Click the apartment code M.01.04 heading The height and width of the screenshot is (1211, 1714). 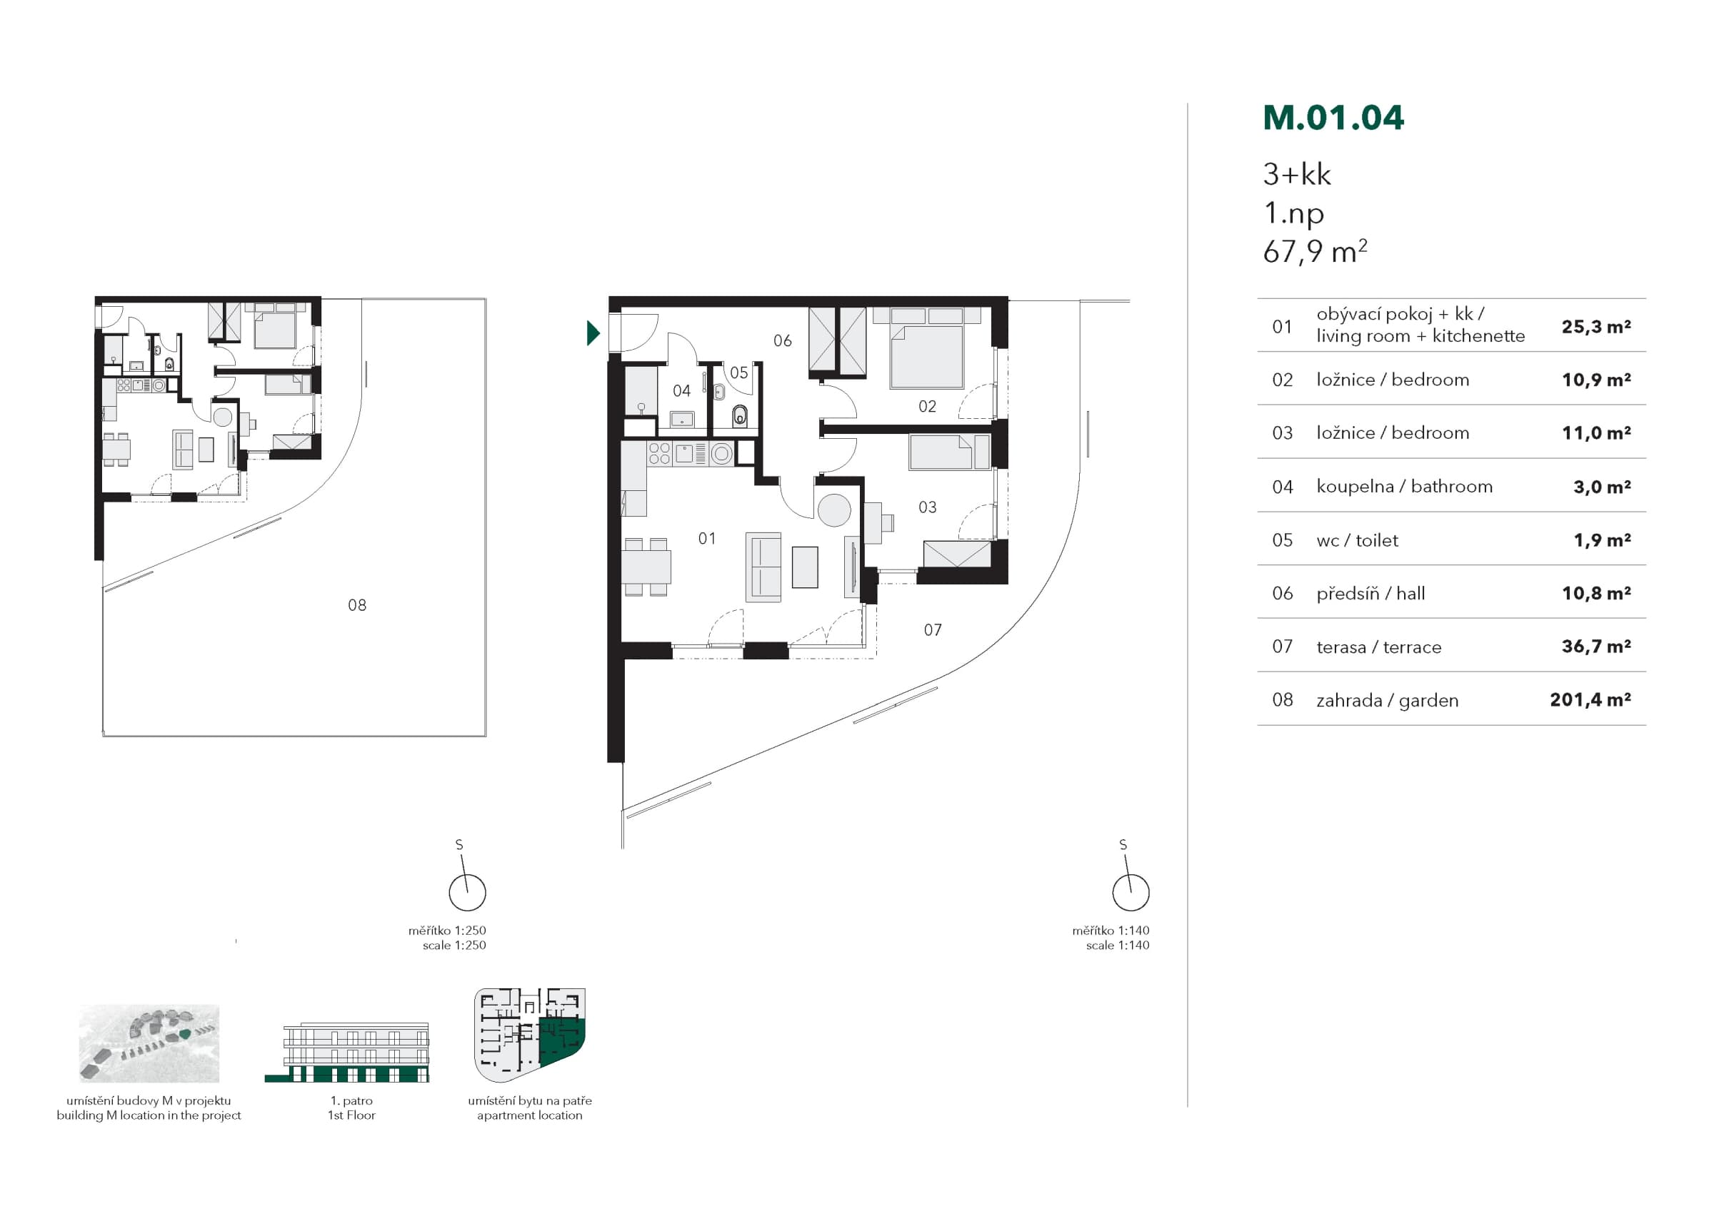tap(1333, 118)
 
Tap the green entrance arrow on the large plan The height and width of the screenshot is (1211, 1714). tap(593, 333)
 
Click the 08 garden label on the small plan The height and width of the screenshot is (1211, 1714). tap(357, 605)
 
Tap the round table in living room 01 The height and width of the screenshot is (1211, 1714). tap(834, 511)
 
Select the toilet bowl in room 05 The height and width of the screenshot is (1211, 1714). tap(739, 415)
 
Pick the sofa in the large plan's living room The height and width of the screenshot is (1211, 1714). tap(763, 567)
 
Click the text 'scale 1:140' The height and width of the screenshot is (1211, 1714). tap(1118, 945)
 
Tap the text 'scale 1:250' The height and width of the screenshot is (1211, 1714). tap(454, 945)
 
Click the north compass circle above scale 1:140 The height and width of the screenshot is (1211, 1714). tap(1131, 893)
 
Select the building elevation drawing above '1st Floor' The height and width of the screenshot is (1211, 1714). tap(347, 1052)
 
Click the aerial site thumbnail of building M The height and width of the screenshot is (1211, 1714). tap(149, 1043)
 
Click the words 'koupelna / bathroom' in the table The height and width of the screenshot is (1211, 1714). tap(1404, 487)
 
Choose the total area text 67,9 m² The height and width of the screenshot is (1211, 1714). tap(1315, 251)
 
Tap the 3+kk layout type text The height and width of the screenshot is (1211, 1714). tap(1297, 175)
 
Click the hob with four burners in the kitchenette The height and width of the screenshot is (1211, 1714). tap(659, 454)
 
